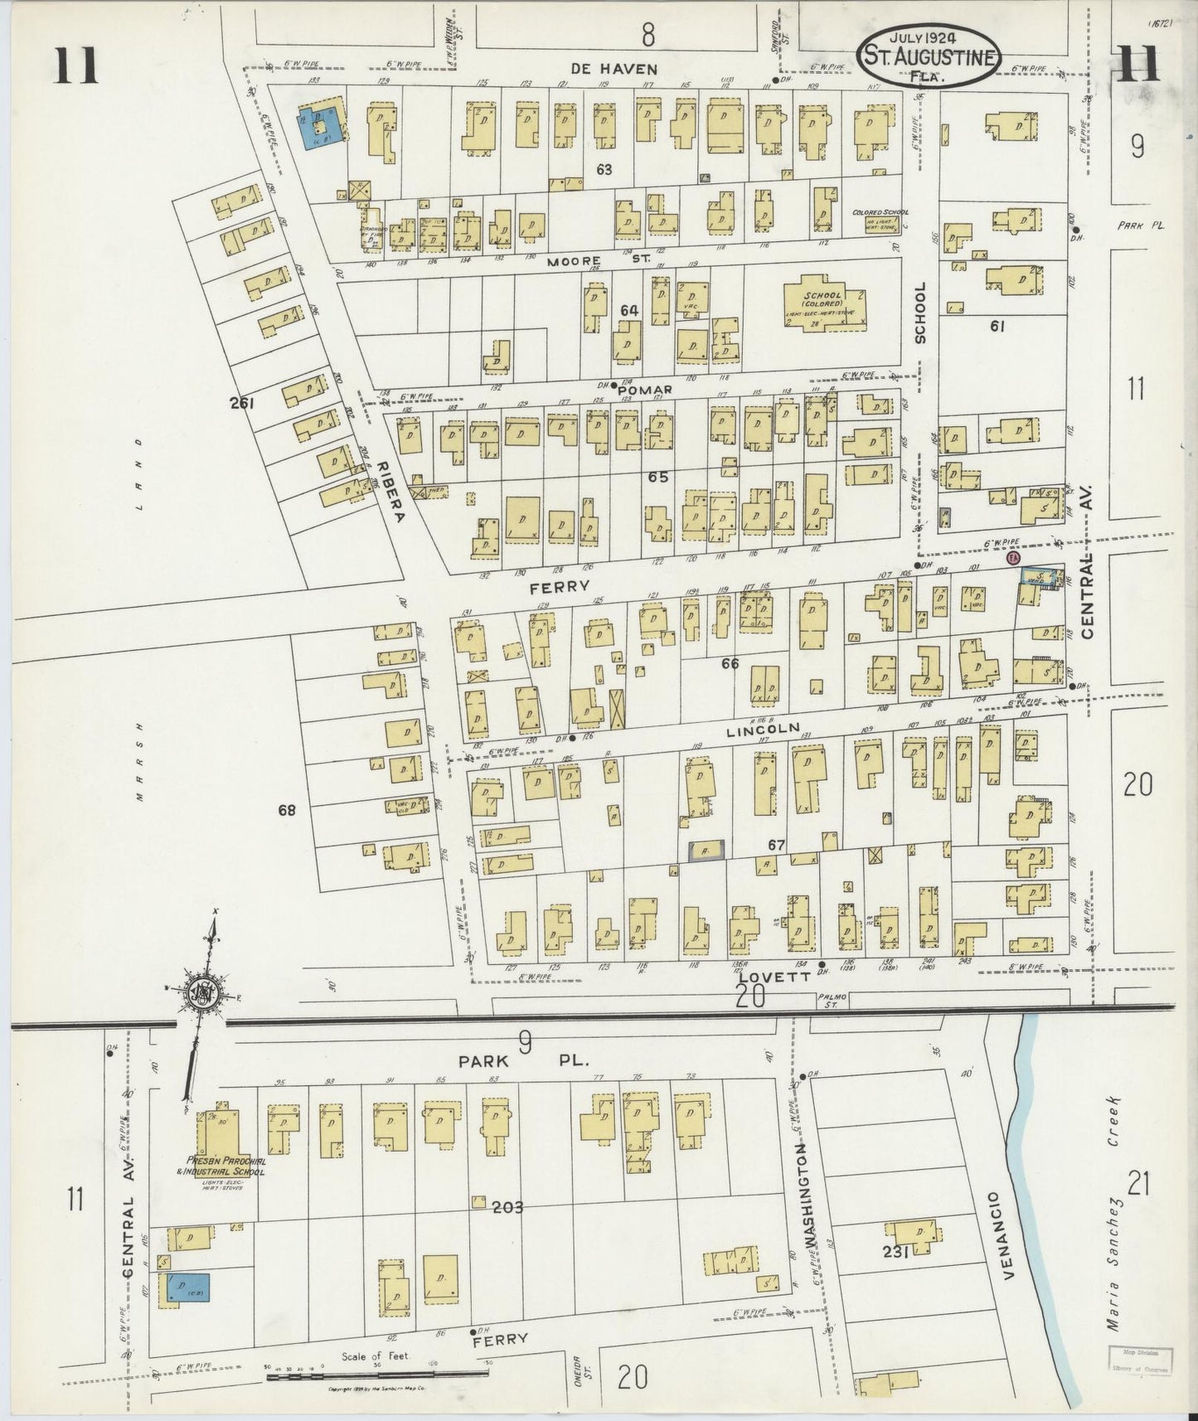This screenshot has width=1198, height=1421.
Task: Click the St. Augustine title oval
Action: coord(929,54)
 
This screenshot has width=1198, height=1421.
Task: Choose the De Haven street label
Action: coord(614,69)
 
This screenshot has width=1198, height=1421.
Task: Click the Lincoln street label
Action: coord(762,731)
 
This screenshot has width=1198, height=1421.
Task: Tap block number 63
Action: coord(604,169)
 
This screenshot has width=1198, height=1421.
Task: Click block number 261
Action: coord(242,404)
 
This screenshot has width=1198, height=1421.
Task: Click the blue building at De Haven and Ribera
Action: coord(316,129)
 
